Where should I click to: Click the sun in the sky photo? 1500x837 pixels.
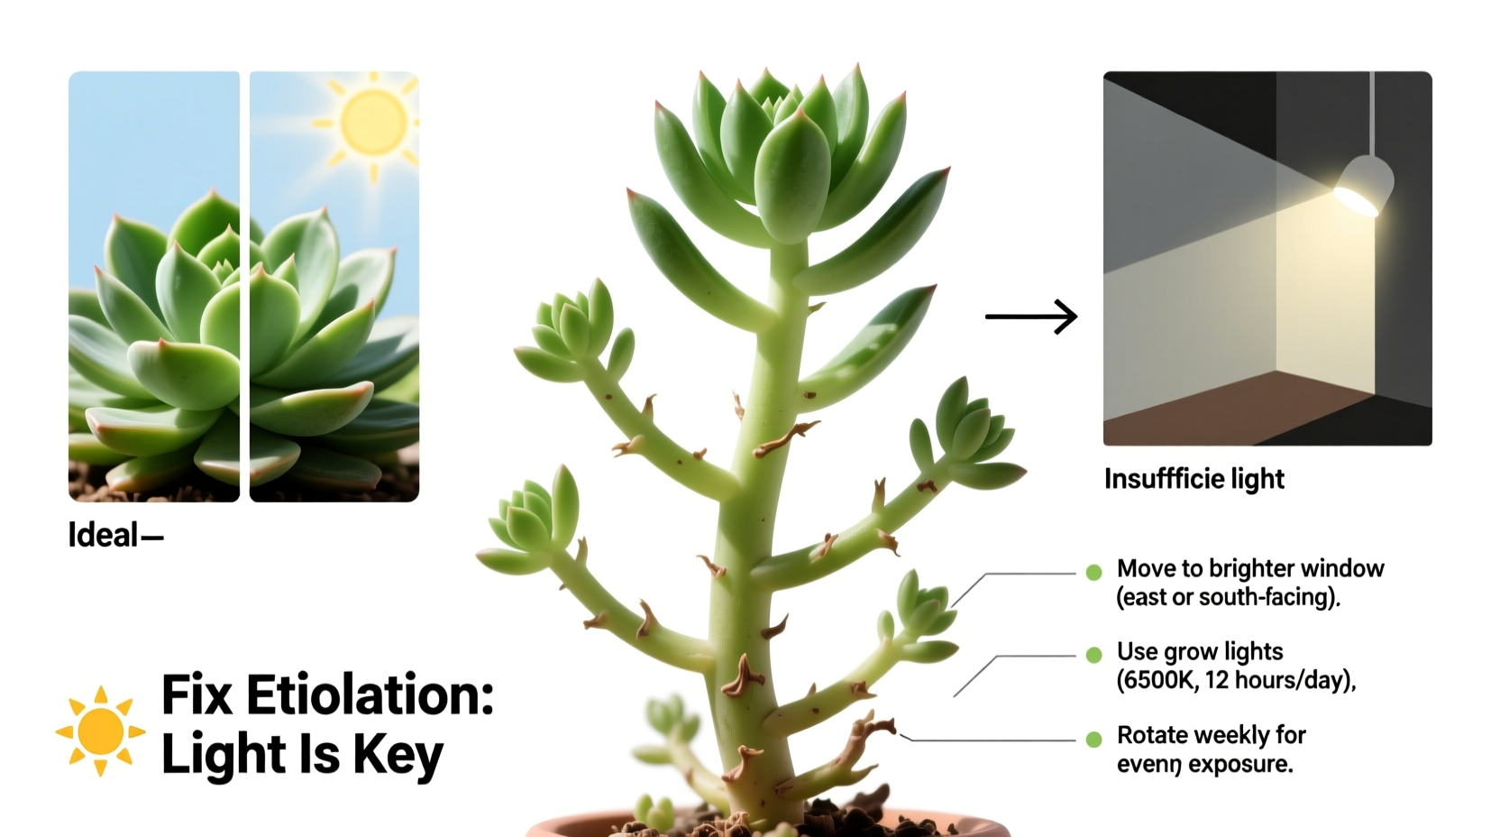point(373,122)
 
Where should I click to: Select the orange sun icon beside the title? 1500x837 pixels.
point(100,731)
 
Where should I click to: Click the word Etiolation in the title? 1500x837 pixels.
point(370,695)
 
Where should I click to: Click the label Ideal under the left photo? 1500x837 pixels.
point(104,536)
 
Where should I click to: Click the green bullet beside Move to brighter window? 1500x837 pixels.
point(1094,572)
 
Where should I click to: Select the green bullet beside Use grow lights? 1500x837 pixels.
point(1094,655)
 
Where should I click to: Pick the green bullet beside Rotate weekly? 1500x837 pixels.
point(1094,739)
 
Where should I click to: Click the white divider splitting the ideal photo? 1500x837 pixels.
point(244,287)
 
